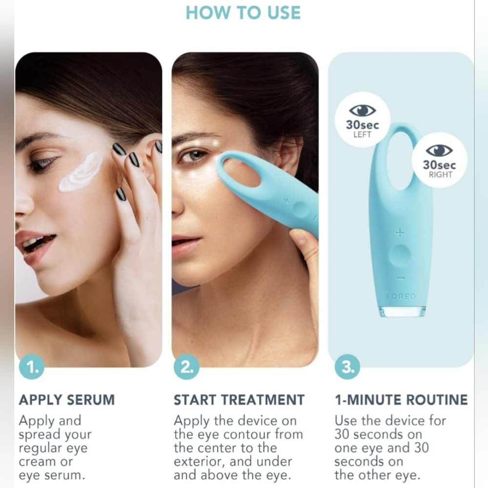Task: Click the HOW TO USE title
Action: click(243, 13)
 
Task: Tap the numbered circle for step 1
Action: click(32, 366)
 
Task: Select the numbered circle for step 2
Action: click(186, 366)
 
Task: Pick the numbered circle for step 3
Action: click(347, 366)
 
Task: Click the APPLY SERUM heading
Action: click(67, 400)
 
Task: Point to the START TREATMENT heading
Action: click(239, 400)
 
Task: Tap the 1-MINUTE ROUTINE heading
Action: click(401, 400)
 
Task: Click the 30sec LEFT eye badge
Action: click(362, 120)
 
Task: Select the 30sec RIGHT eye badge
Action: click(439, 160)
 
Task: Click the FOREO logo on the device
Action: click(401, 296)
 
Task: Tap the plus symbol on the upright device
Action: click(400, 232)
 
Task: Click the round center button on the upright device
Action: click(400, 255)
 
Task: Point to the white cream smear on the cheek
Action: click(81, 172)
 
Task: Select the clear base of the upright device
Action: click(402, 311)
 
